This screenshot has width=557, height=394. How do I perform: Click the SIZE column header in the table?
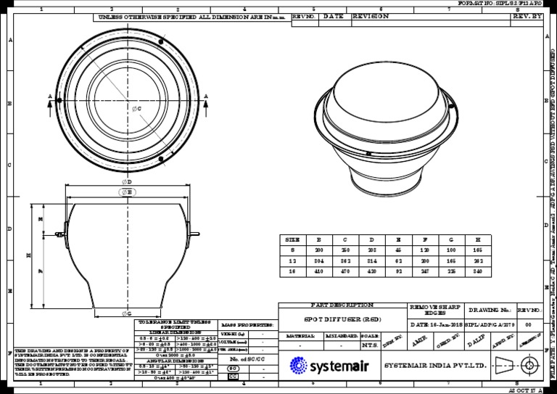click(292, 239)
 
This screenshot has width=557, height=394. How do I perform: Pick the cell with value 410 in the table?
click(318, 271)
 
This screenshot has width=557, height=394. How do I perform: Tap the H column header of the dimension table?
click(478, 239)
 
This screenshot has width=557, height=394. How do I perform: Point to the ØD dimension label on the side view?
click(126, 182)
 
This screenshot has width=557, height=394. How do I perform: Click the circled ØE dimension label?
click(127, 192)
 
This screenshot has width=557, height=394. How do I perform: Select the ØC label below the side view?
click(126, 313)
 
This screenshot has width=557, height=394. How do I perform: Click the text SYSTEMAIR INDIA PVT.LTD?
click(434, 365)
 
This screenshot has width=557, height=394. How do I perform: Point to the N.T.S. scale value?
click(370, 346)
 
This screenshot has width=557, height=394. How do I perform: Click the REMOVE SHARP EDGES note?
click(435, 311)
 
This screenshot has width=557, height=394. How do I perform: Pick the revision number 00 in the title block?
click(528, 326)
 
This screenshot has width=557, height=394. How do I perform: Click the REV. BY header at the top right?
click(527, 16)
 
